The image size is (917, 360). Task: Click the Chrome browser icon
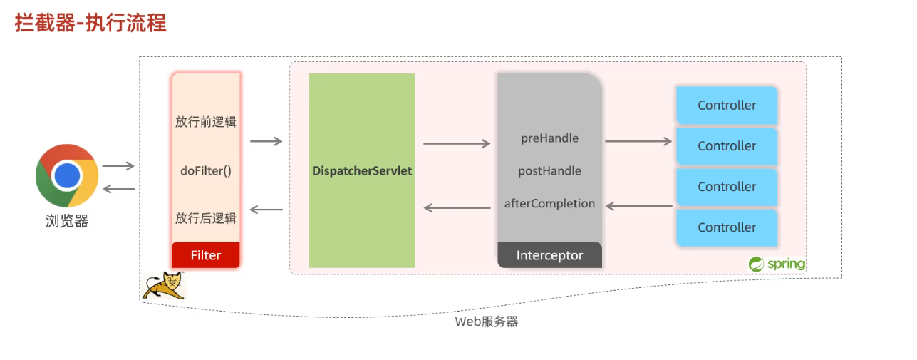pyautogui.click(x=67, y=175)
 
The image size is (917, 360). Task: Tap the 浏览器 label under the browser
pyautogui.click(x=67, y=221)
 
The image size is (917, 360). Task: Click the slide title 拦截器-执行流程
pyautogui.click(x=90, y=23)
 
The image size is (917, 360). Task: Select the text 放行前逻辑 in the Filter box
pyautogui.click(x=206, y=122)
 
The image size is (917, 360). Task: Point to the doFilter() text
pyautogui.click(x=206, y=171)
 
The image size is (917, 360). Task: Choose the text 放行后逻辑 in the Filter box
pyautogui.click(x=206, y=218)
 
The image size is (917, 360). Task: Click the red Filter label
pyautogui.click(x=206, y=255)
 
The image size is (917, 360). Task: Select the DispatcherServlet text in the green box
pyautogui.click(x=362, y=171)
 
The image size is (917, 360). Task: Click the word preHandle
pyautogui.click(x=549, y=138)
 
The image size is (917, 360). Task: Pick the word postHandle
pyautogui.click(x=549, y=171)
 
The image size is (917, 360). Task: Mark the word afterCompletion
pyautogui.click(x=549, y=204)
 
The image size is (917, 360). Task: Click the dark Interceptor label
pyautogui.click(x=549, y=255)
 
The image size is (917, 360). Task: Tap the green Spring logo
pyautogui.click(x=777, y=264)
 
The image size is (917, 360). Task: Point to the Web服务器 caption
pyautogui.click(x=487, y=322)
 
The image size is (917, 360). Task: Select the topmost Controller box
pyautogui.click(x=726, y=106)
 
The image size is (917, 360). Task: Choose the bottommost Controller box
pyautogui.click(x=726, y=227)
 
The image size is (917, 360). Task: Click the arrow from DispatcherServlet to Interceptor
pyautogui.click(x=457, y=144)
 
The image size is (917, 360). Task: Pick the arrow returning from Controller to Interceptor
pyautogui.click(x=639, y=207)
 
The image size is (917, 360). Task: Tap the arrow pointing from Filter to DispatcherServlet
pyautogui.click(x=266, y=141)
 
